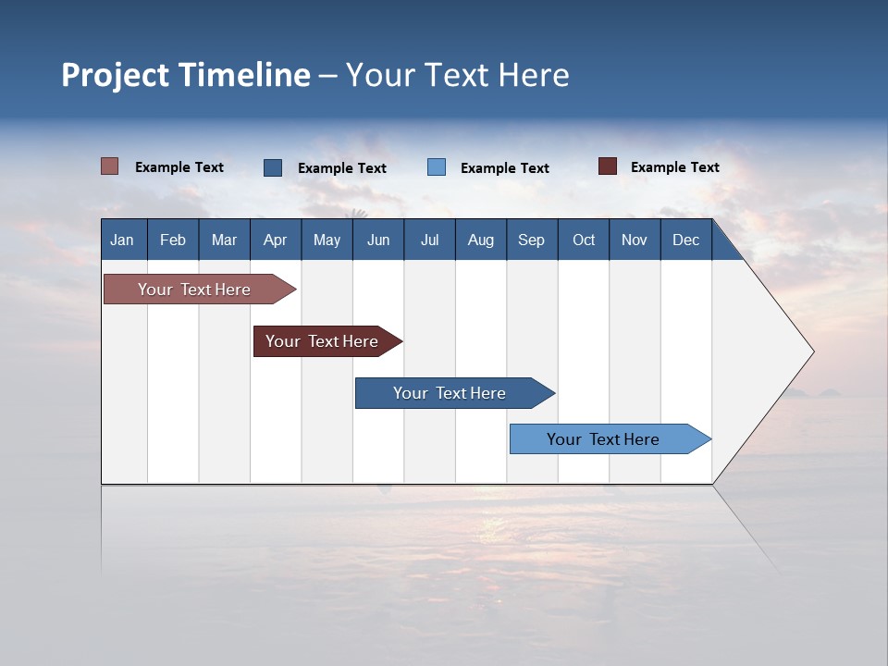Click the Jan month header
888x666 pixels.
pos(123,240)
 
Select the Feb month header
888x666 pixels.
pos(173,240)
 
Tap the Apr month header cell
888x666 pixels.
pos(276,240)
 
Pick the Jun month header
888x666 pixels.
pos(378,240)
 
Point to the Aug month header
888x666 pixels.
pos(481,240)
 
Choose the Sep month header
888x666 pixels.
pos(532,240)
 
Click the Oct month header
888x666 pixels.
pos(584,240)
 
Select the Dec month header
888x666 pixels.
pos(686,240)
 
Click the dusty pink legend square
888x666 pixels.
pos(109,166)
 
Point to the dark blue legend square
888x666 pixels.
pos(273,167)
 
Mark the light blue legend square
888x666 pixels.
pos(437,167)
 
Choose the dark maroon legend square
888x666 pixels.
pos(608,166)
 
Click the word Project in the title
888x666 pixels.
pos(116,75)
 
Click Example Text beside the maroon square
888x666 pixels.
pos(674,167)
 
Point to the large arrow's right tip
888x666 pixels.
pos(811,351)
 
